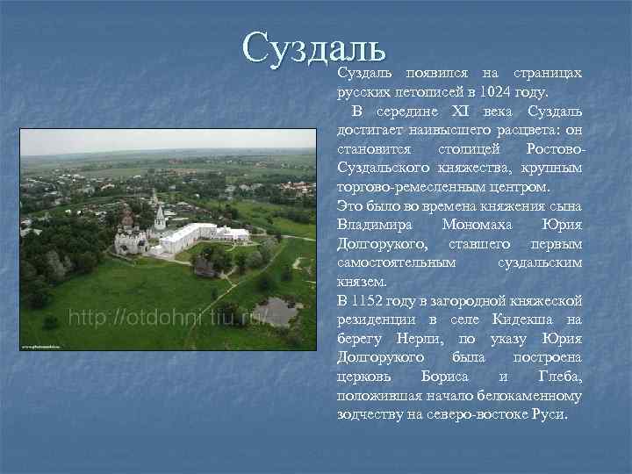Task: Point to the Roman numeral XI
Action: pos(462,111)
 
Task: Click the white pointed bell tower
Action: pos(160,216)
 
